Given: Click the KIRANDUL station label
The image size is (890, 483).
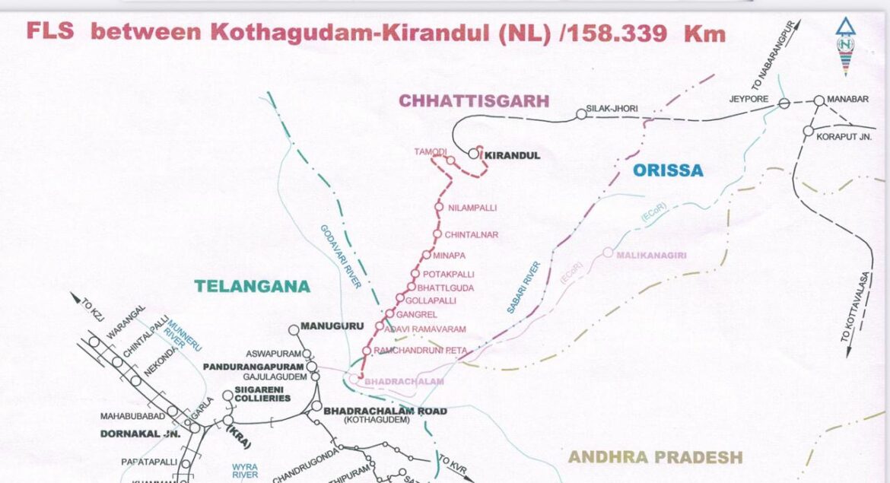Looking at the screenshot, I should (513, 155).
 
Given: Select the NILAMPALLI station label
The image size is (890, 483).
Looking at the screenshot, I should (472, 207).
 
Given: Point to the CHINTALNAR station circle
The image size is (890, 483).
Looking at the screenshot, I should (437, 234).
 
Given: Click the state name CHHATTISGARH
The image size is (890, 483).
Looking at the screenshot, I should (474, 101).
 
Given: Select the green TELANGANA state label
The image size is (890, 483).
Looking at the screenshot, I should (252, 287).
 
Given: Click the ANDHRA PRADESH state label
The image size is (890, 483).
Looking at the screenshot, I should (655, 456).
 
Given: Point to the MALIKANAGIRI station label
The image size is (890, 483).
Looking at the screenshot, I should (651, 255).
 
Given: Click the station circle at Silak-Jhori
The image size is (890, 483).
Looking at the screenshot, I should (581, 114).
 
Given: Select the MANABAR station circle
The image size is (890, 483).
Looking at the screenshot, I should (818, 100).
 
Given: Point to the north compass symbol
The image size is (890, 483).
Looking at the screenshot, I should (844, 46).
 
